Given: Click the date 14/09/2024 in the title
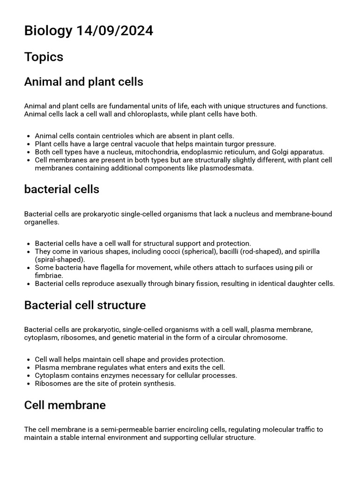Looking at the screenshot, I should (114, 31).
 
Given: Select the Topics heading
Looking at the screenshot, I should (44, 57).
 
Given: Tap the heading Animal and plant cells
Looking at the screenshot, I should (83, 82).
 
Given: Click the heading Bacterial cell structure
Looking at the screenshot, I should (85, 305).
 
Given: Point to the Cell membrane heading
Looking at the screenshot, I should (65, 405).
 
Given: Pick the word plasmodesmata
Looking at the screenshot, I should (228, 168).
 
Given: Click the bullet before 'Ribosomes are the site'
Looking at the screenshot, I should (29, 383).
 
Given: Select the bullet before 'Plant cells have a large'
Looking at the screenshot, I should (29, 144).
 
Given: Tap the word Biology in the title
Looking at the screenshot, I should (48, 31).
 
